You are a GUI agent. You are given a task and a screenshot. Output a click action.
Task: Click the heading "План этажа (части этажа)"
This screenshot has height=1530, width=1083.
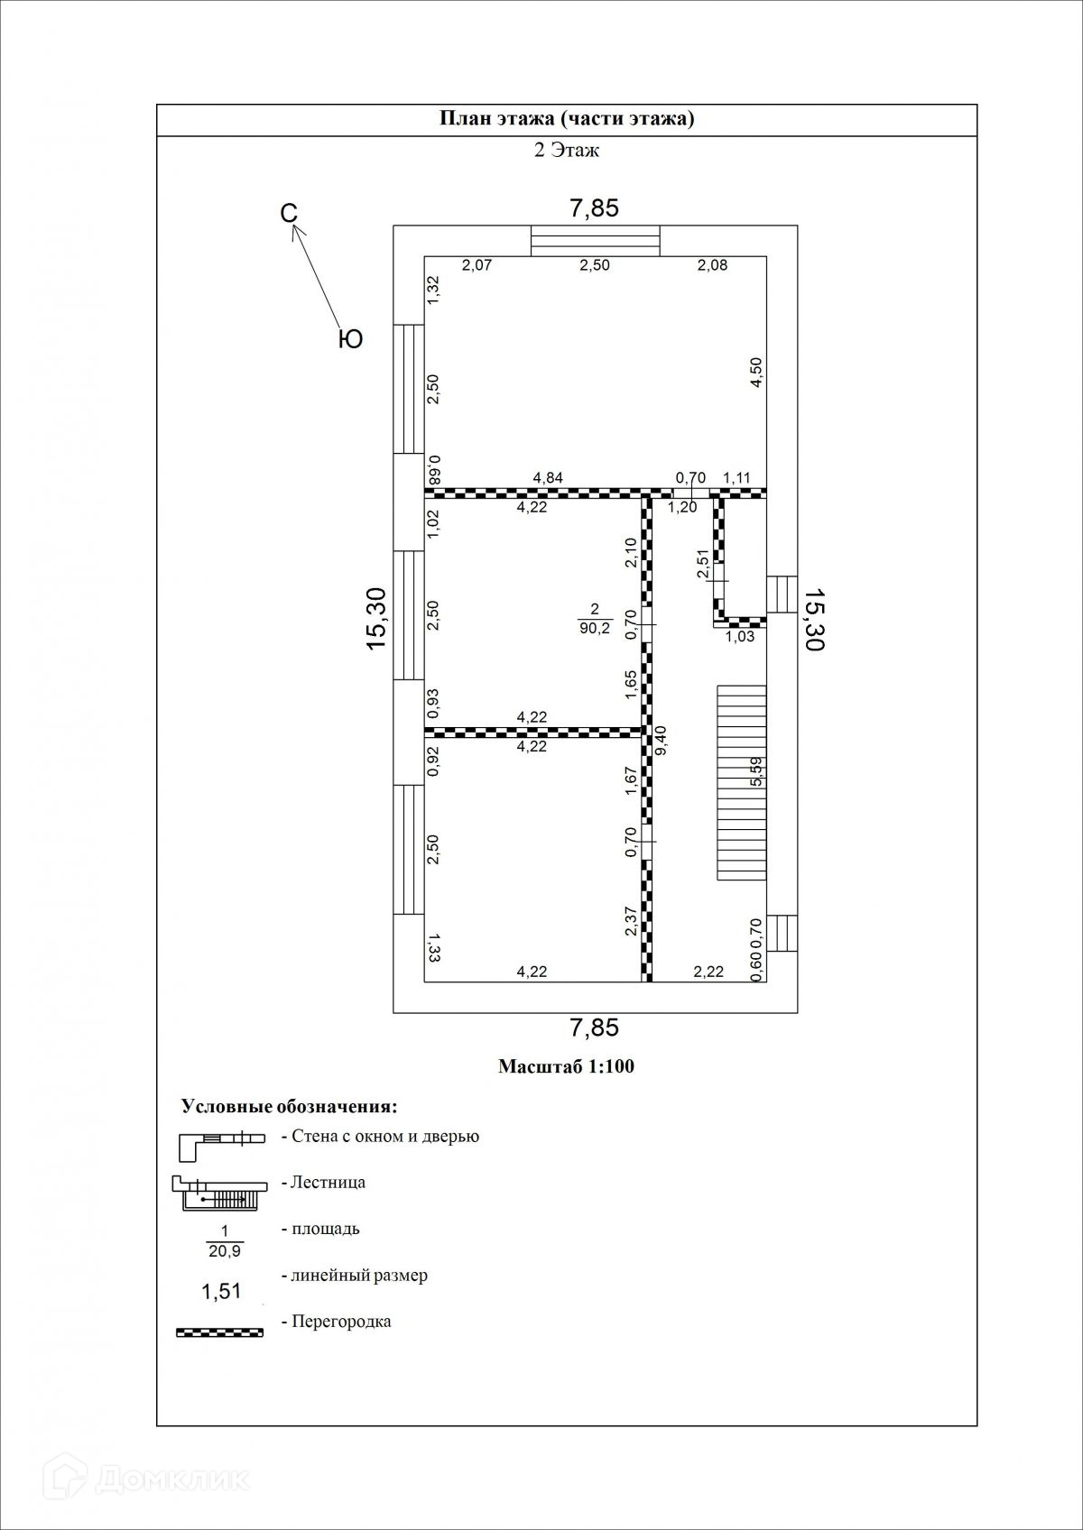click(x=567, y=119)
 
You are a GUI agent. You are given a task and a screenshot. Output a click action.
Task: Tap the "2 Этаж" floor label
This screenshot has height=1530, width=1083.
click(x=567, y=151)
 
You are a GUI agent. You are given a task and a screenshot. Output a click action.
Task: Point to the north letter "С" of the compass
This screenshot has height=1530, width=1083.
click(x=288, y=213)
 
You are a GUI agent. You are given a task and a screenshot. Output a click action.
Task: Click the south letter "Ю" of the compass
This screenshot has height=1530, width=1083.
click(x=350, y=339)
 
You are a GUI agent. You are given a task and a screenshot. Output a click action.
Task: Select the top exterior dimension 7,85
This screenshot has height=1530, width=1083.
click(x=594, y=208)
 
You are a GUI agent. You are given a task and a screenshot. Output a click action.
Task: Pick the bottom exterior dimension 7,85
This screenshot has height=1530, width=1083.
click(x=594, y=1028)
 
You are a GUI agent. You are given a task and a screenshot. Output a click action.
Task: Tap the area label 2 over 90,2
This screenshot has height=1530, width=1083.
click(x=595, y=620)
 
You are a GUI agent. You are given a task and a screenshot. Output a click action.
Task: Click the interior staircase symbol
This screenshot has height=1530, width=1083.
click(x=742, y=781)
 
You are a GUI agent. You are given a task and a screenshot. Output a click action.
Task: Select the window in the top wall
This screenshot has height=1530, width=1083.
click(x=595, y=242)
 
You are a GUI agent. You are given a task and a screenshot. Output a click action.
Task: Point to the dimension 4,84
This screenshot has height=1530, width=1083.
click(x=549, y=478)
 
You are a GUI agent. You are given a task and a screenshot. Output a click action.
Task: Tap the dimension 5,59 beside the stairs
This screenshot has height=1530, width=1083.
click(x=757, y=771)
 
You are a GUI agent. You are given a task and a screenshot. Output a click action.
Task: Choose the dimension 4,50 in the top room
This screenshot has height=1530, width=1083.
click(x=756, y=372)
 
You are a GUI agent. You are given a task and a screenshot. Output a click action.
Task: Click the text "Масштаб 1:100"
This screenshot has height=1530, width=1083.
click(x=567, y=1066)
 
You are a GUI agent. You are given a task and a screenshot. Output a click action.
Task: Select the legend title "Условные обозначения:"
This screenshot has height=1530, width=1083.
click(x=290, y=1107)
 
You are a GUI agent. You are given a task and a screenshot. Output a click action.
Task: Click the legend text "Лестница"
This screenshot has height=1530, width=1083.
click(x=329, y=1182)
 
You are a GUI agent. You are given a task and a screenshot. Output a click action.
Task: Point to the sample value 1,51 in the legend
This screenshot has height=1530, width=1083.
click(x=220, y=1291)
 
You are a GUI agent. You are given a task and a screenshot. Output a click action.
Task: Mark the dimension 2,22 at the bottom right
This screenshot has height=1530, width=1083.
click(x=708, y=972)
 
